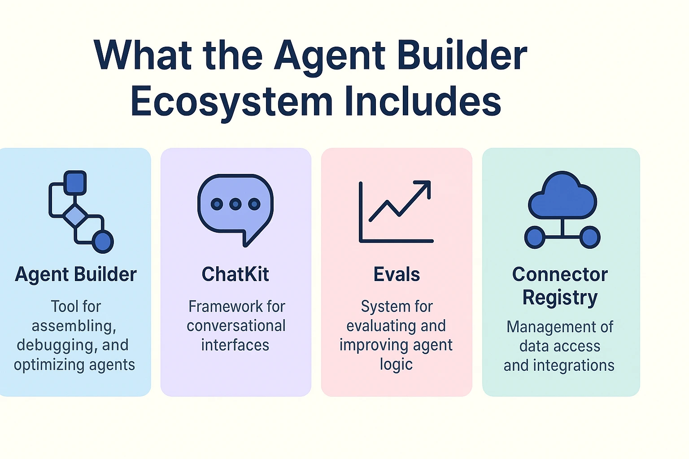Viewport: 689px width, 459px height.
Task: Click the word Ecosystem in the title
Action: (231, 102)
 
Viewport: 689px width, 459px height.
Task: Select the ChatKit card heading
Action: (235, 274)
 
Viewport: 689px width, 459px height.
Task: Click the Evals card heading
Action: (397, 274)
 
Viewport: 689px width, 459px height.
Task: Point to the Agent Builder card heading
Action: (76, 274)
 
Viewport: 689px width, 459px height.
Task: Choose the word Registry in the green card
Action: (560, 298)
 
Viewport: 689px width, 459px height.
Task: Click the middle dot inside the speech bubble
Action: (235, 204)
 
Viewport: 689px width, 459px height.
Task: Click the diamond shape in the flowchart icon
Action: (75, 216)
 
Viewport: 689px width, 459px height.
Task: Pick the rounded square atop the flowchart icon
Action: (75, 182)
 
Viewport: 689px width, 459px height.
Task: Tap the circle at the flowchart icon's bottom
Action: (103, 242)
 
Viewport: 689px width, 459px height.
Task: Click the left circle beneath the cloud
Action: (535, 237)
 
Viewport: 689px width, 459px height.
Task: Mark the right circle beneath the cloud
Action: (590, 237)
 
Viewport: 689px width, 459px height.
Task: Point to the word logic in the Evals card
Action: (396, 364)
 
